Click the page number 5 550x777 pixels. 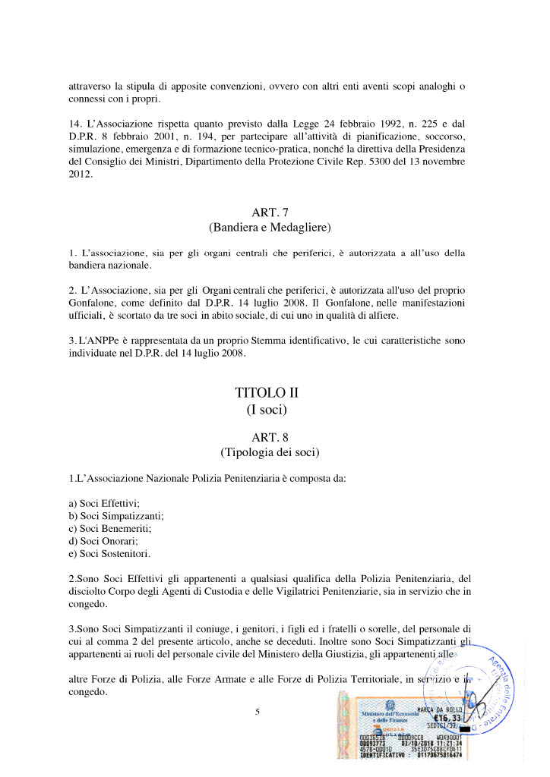click(x=258, y=711)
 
